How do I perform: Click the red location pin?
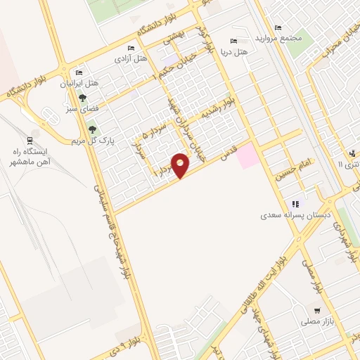coord(181,165)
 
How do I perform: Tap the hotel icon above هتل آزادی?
coord(131,48)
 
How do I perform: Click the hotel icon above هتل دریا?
coord(233,41)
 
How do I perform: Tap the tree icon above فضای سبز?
coord(83,99)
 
